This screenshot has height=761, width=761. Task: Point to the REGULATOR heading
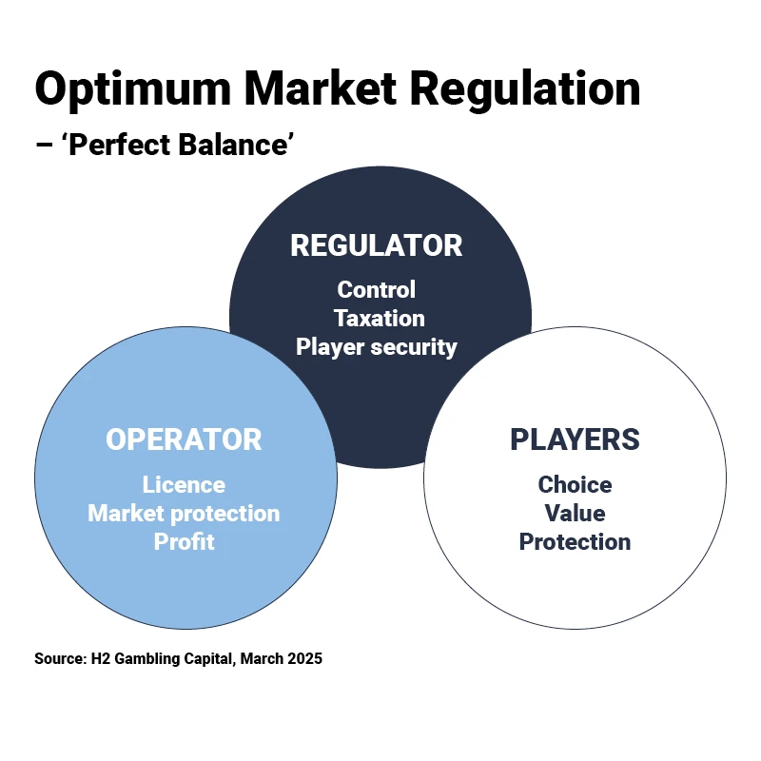click(x=377, y=245)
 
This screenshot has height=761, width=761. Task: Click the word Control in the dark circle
click(x=377, y=289)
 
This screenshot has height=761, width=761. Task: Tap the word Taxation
click(x=379, y=318)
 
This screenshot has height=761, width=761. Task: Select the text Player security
click(x=377, y=346)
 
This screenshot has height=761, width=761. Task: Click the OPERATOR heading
click(x=184, y=439)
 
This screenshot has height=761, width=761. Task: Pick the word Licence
click(x=184, y=485)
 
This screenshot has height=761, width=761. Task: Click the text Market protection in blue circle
click(x=184, y=514)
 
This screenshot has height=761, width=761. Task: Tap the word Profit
click(x=184, y=542)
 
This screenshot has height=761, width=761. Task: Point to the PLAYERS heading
click(x=575, y=439)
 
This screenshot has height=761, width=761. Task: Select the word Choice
click(x=575, y=485)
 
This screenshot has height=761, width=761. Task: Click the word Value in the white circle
click(x=575, y=514)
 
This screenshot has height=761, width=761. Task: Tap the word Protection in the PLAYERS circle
click(x=575, y=542)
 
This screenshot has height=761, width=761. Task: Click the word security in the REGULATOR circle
click(x=414, y=346)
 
